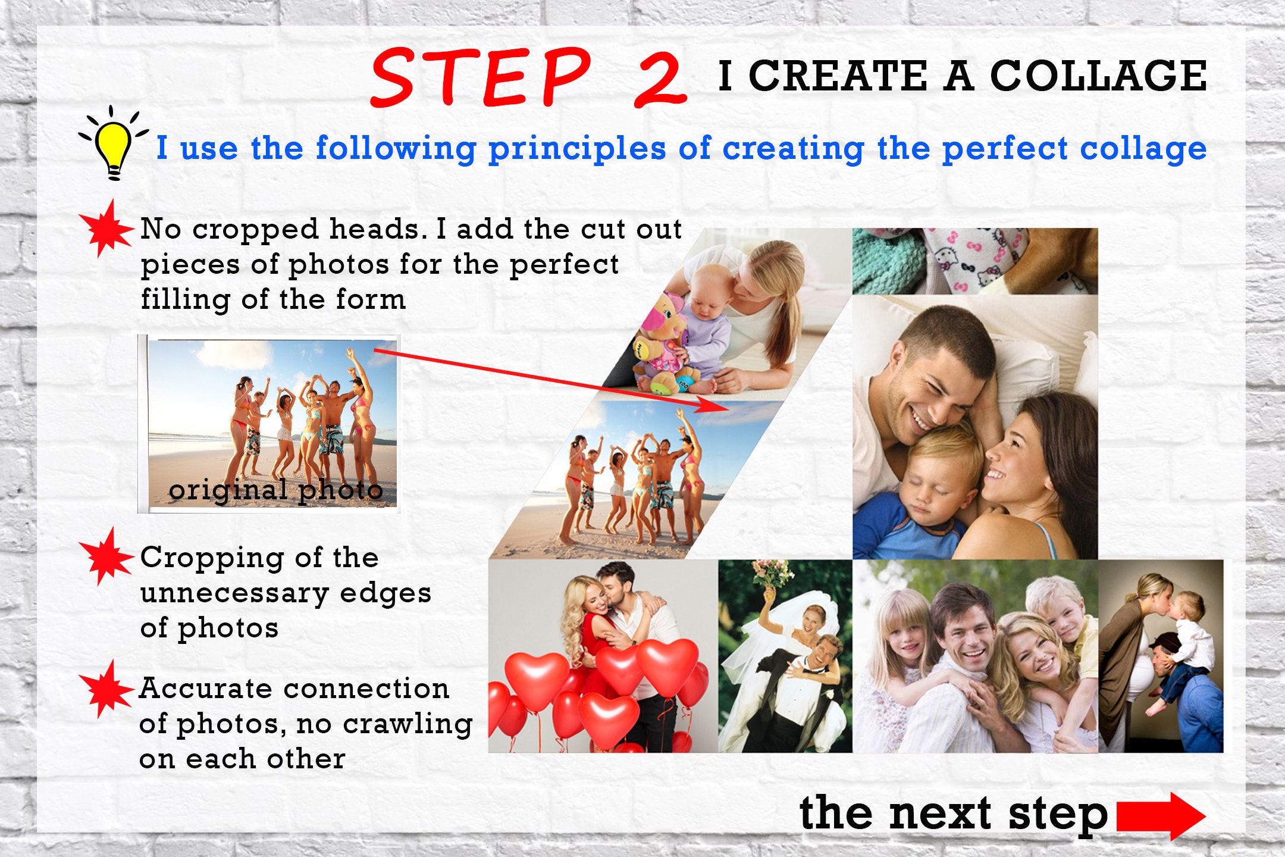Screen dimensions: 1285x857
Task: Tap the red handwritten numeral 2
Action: click(x=660, y=80)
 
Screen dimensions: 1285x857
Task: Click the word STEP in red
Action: click(x=481, y=77)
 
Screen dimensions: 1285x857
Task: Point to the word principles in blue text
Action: click(x=576, y=149)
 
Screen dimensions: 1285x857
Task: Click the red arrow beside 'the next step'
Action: click(x=1161, y=816)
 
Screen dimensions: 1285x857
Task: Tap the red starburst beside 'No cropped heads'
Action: click(x=107, y=229)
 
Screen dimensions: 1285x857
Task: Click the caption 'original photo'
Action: click(x=275, y=490)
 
